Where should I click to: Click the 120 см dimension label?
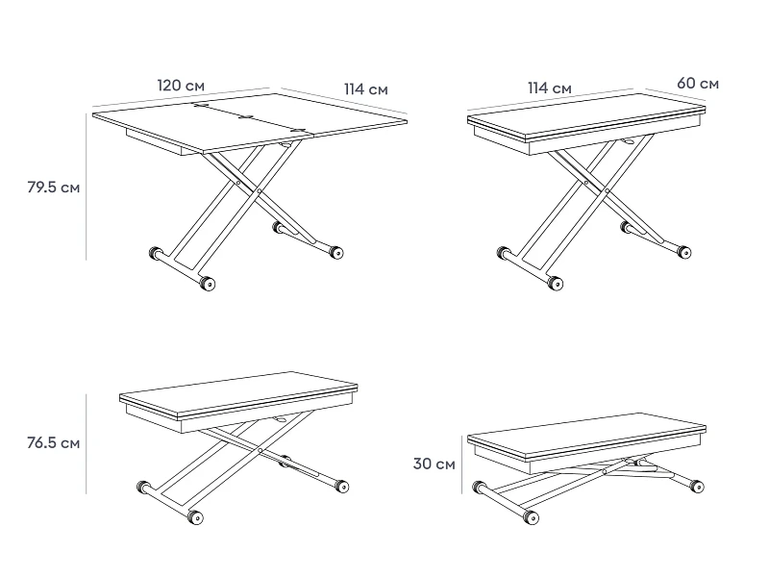click(181, 86)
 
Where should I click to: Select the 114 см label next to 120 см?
click(366, 89)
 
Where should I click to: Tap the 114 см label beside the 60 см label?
click(550, 88)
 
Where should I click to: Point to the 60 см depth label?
click(698, 84)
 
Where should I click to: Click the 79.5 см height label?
click(54, 188)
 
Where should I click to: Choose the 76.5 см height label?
click(54, 443)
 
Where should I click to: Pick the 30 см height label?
click(434, 464)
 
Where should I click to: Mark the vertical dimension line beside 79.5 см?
click(87, 187)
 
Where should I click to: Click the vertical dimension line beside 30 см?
click(461, 464)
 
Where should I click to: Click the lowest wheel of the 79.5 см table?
click(208, 284)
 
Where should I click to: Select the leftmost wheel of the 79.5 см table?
click(156, 254)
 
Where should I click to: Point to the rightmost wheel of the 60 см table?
click(684, 253)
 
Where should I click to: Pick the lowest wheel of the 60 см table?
click(556, 283)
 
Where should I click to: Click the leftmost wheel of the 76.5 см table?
click(143, 488)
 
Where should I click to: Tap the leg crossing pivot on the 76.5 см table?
click(260, 450)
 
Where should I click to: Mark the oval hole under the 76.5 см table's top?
click(282, 420)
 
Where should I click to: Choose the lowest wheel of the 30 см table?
click(532, 517)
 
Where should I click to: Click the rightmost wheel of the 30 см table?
click(696, 487)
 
